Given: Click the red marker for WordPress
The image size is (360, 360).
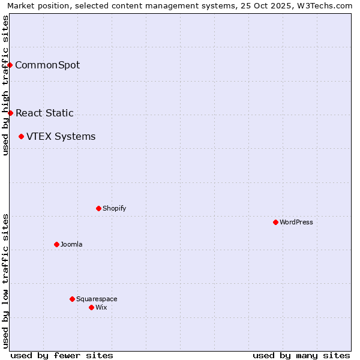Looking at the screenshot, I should [x=275, y=222].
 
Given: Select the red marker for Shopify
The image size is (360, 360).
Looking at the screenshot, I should [x=98, y=208].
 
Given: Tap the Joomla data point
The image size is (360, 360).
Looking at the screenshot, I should [x=56, y=244].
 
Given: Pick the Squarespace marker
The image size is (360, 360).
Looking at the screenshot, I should [x=72, y=299].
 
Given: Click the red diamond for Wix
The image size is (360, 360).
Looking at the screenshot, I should [x=91, y=307].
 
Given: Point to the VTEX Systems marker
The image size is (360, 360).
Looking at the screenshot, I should [x=21, y=136].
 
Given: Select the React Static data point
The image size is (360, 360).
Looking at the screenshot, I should [x=10, y=113].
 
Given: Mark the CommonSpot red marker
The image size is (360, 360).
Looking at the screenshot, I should [x=10, y=65].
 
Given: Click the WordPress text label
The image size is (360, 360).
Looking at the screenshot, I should [x=296, y=222].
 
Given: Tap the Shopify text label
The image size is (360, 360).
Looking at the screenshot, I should [x=114, y=208].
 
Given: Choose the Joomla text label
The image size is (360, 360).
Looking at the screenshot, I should [x=71, y=244].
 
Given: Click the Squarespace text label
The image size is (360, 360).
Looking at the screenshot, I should [x=97, y=299].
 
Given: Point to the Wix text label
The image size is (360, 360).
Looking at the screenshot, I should [x=101, y=307].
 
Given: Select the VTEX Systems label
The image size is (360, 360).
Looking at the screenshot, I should [x=61, y=136].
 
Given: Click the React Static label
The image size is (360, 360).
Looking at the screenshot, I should [x=44, y=113].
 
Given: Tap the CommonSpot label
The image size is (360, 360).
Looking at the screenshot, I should [x=47, y=65].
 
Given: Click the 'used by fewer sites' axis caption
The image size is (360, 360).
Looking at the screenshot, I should [x=62, y=355].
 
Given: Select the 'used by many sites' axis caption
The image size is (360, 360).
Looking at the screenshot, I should [x=301, y=355].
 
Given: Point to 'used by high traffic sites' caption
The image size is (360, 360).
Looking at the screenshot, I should [x=5, y=85].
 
